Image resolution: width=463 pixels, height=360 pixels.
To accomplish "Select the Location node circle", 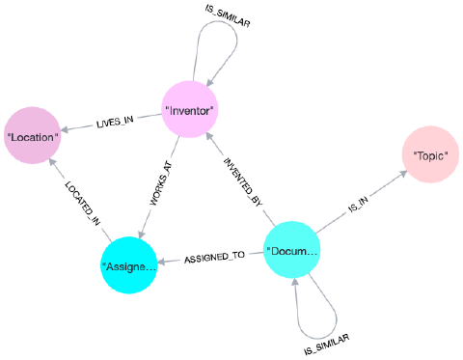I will tap(33, 135).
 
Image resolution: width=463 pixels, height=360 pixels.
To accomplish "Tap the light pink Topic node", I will tap(429, 154).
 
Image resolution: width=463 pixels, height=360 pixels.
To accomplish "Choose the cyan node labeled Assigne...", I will tap(128, 264).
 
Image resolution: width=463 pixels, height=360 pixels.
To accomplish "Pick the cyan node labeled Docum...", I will tap(291, 251).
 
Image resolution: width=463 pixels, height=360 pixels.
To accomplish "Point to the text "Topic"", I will tap(429, 155).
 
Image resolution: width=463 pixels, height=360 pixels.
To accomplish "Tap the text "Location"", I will tap(33, 137).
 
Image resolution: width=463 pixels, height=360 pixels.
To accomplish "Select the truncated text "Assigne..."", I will tap(128, 265).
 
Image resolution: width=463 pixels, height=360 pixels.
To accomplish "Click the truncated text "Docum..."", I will tap(291, 252).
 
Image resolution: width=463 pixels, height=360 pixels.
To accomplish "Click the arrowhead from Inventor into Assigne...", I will tap(143, 232).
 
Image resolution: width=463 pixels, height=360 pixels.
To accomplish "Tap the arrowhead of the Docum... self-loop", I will tap(297, 282).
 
